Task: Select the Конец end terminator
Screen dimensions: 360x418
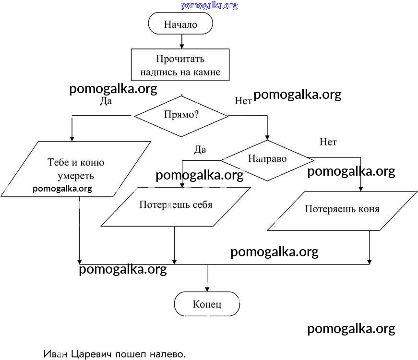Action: [207, 304]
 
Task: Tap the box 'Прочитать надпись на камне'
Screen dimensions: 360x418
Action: [180, 66]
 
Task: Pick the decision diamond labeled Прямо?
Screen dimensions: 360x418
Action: [181, 116]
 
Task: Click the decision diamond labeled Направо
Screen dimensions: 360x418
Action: [267, 160]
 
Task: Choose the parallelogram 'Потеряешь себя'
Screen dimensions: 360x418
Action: [176, 205]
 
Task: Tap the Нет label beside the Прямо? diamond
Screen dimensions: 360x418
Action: [243, 101]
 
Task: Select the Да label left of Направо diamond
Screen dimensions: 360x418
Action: [200, 149]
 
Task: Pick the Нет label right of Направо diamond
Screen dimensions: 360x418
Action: [328, 142]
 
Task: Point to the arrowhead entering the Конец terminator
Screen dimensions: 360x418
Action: [207, 289]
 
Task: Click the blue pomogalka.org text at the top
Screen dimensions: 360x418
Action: [209, 6]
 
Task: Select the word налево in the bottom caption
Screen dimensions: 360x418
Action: [165, 354]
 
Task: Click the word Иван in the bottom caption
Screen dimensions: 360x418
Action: [55, 354]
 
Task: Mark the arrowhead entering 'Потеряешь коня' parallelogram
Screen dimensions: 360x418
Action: [361, 189]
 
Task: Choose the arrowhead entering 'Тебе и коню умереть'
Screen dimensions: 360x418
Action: [72, 138]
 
